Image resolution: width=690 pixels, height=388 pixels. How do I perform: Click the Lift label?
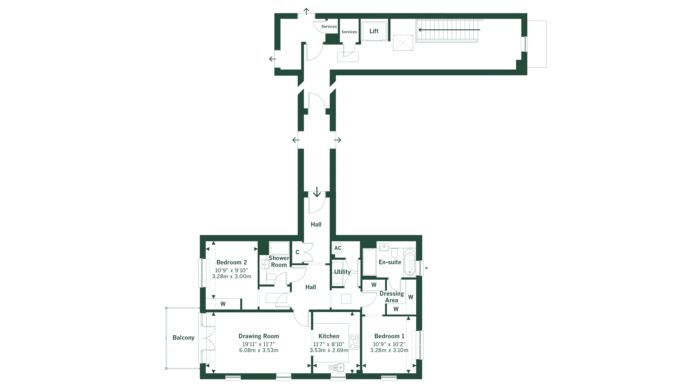[374, 31]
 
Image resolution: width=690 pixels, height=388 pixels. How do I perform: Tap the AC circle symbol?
[338, 248]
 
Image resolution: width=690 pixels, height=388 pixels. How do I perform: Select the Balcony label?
[183, 338]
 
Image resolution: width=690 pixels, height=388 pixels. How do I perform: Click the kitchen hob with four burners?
[354, 342]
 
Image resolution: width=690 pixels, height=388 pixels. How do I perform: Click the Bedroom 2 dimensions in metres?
[231, 276]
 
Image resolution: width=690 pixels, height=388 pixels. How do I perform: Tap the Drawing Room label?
[259, 336]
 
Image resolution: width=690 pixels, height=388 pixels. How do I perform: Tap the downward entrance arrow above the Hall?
[317, 192]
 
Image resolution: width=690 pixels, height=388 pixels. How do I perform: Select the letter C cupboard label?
[297, 252]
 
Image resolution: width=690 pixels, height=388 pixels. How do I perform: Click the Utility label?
[342, 272]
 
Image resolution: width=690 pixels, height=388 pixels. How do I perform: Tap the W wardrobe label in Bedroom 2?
[223, 304]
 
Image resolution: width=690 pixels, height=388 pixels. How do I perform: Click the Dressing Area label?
[392, 297]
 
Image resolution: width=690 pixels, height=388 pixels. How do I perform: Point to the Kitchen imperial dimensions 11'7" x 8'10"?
[329, 344]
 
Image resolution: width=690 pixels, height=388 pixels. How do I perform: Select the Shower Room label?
[279, 261]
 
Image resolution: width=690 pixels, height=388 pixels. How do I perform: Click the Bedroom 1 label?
[389, 336]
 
